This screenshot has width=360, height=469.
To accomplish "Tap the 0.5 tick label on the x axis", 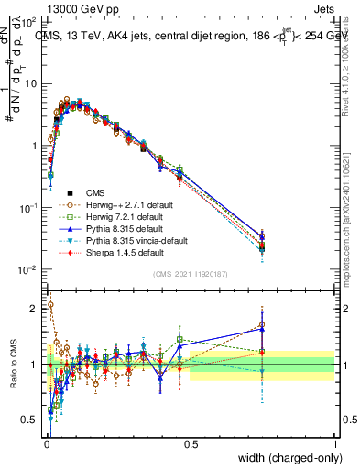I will click(191, 443).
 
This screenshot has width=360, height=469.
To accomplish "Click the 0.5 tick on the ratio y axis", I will click(30, 420).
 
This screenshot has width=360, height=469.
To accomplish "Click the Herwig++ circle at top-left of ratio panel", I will click(49, 305).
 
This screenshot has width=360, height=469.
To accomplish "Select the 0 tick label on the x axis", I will click(47, 443).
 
